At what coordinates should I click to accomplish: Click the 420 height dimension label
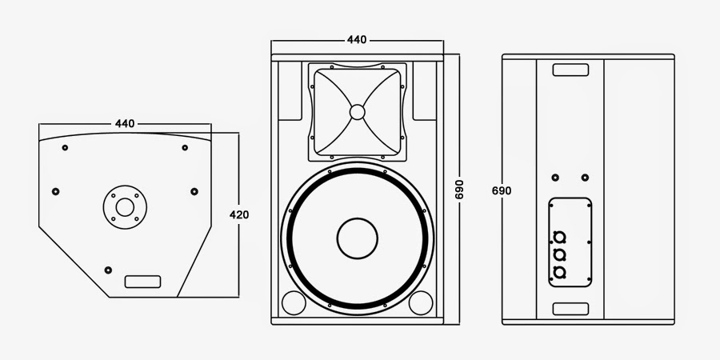(239, 214)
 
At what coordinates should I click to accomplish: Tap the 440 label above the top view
(125, 123)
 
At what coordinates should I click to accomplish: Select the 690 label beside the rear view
(502, 190)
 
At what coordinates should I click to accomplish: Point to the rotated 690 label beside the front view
(459, 190)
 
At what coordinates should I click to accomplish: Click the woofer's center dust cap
(357, 238)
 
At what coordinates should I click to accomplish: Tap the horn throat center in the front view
(357, 111)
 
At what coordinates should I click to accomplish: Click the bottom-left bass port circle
(293, 303)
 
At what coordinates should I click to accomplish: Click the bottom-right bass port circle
(420, 303)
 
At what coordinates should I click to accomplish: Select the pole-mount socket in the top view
(125, 207)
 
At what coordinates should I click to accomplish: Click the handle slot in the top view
(143, 282)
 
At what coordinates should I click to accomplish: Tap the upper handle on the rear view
(570, 70)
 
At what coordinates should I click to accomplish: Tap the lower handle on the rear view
(570, 309)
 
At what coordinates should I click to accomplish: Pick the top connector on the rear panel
(559, 236)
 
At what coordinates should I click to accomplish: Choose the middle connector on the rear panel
(559, 254)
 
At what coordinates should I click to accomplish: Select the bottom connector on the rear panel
(559, 273)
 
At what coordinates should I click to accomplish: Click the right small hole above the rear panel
(586, 178)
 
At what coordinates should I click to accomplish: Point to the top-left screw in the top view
(65, 147)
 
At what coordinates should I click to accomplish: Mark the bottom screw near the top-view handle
(109, 267)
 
